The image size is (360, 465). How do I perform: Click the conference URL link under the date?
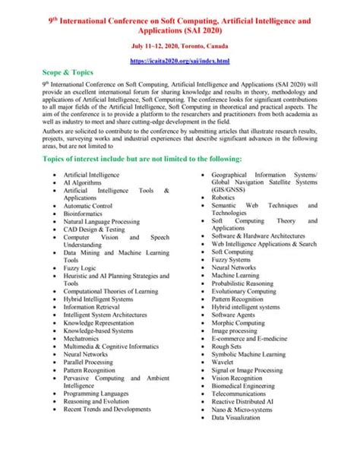(x=180, y=60)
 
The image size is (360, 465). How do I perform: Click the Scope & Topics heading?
(x=71, y=74)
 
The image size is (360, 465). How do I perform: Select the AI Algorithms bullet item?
(x=86, y=184)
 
